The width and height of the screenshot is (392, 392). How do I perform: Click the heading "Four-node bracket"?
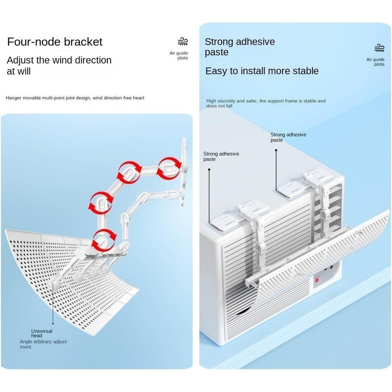pyautogui.click(x=55, y=42)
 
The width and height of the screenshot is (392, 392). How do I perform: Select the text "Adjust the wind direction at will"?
pyautogui.click(x=59, y=65)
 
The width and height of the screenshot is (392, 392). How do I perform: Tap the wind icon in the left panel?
pyautogui.click(x=183, y=41)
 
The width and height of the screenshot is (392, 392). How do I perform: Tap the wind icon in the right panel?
pyautogui.click(x=379, y=47)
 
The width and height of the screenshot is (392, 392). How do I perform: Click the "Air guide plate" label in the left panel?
pyautogui.click(x=179, y=56)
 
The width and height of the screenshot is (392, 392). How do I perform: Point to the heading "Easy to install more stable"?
pyautogui.click(x=262, y=71)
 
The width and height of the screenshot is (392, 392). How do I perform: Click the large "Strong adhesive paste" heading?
pyautogui.click(x=240, y=47)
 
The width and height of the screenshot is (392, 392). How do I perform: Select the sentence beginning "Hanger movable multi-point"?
pyautogui.click(x=75, y=98)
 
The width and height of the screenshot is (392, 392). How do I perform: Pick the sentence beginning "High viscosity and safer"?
pyautogui.click(x=266, y=103)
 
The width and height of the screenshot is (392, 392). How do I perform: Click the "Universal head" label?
pyautogui.click(x=42, y=333)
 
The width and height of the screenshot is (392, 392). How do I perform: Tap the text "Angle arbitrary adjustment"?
pyautogui.click(x=44, y=344)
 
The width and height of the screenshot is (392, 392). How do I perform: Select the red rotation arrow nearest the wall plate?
pyautogui.click(x=170, y=167)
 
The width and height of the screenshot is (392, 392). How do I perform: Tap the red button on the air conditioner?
pyautogui.click(x=317, y=280)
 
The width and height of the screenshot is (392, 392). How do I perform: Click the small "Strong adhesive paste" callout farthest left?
pyautogui.click(x=221, y=156)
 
